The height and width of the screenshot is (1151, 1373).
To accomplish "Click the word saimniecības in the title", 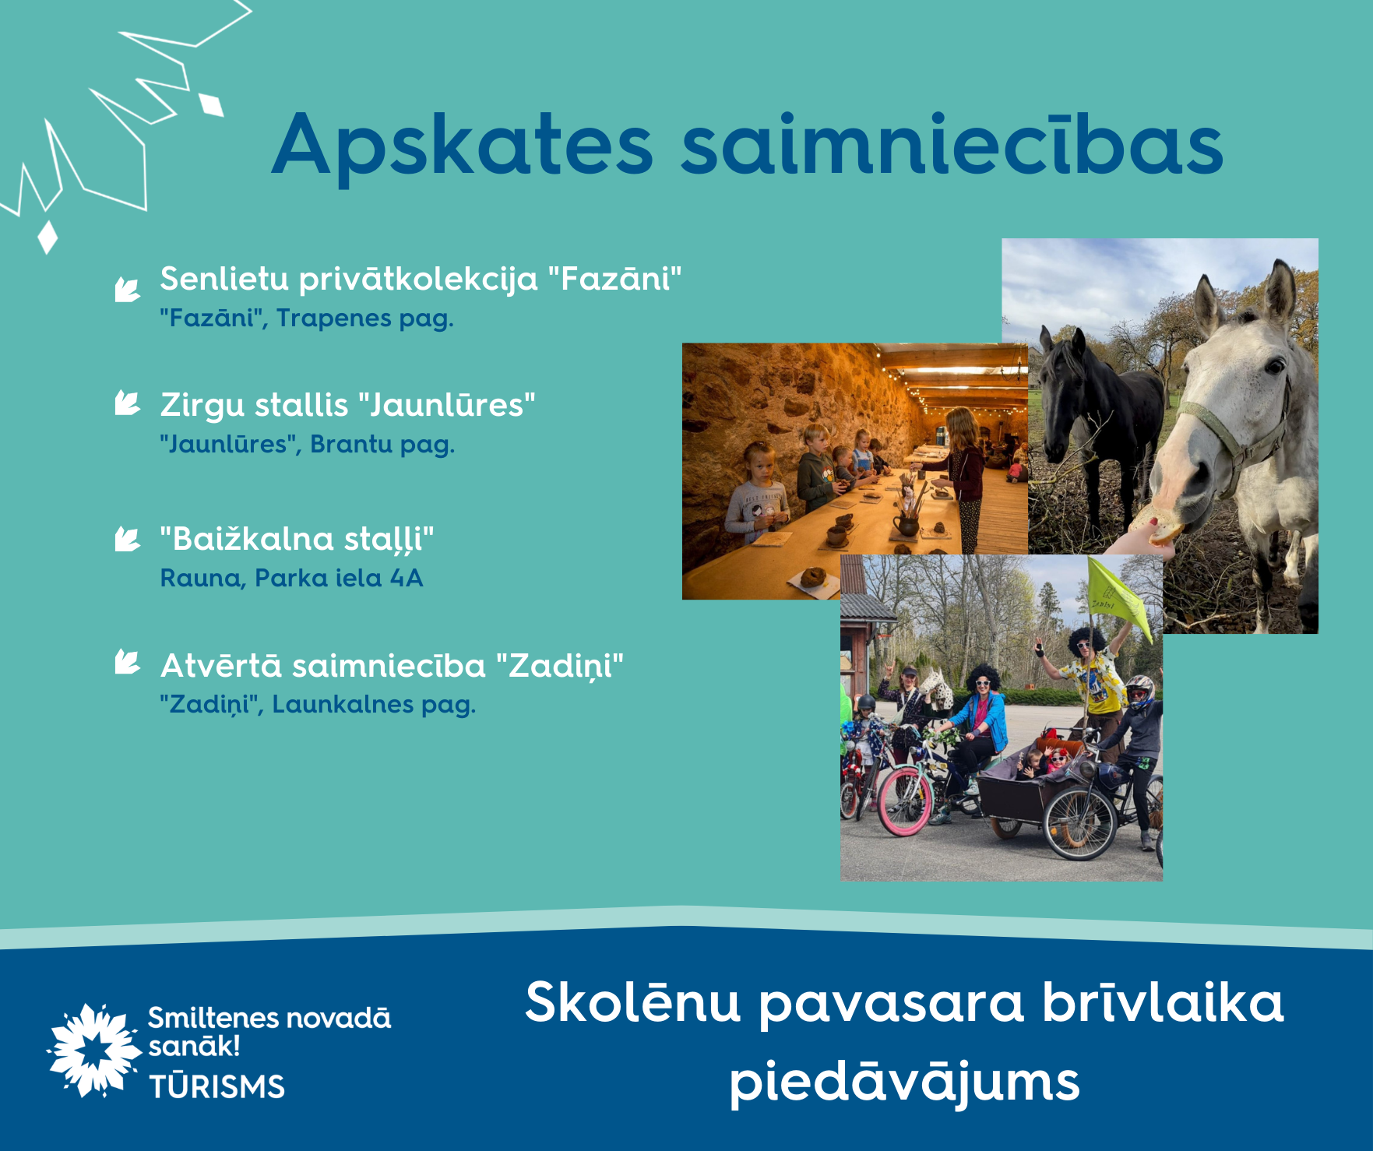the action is pyautogui.click(x=952, y=143).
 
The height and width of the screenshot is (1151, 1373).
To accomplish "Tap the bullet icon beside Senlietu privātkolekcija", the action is pyautogui.click(x=127, y=289).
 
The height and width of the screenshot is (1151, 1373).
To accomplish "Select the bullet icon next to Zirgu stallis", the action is pyautogui.click(x=127, y=403).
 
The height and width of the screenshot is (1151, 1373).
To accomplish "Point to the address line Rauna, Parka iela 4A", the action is pyautogui.click(x=291, y=578).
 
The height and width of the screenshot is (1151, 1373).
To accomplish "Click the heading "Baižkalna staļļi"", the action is pyautogui.click(x=297, y=539).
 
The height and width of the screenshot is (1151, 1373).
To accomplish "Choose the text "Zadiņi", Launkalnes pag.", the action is pyautogui.click(x=318, y=705).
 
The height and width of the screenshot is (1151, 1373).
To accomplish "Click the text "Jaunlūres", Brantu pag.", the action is pyautogui.click(x=308, y=445).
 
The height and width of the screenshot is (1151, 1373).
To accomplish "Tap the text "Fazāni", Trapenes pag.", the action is pyautogui.click(x=307, y=319).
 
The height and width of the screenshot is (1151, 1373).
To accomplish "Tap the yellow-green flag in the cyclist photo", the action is pyautogui.click(x=1118, y=596).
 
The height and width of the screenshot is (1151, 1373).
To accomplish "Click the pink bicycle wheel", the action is pyautogui.click(x=904, y=801).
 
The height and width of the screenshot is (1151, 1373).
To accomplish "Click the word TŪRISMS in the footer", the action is pyautogui.click(x=217, y=1086).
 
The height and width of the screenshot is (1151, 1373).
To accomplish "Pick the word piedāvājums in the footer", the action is pyautogui.click(x=904, y=1082).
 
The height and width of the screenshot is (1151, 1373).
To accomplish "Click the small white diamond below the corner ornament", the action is pyautogui.click(x=48, y=237).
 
